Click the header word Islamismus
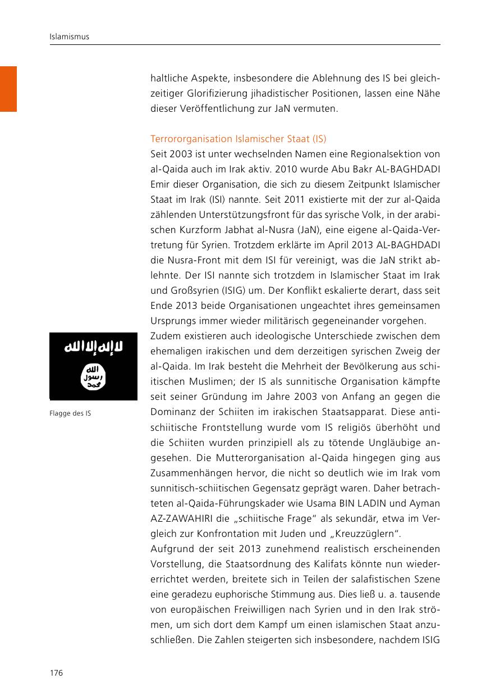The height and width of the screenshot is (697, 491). point(70,37)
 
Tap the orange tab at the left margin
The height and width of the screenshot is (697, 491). point(8,89)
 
